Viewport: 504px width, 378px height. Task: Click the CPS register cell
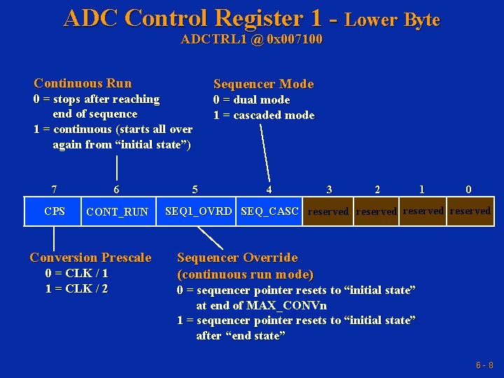55,211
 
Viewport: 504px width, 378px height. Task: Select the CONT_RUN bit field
117,211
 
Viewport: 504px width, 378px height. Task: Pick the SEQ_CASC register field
269,211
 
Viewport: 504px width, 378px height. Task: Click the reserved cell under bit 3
328,211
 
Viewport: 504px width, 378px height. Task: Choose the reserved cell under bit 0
470,211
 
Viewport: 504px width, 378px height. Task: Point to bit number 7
55,189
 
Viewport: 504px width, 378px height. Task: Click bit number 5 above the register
195,189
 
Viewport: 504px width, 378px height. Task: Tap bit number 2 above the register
377,189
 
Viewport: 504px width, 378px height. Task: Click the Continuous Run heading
83,83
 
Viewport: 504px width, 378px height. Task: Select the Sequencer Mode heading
263,84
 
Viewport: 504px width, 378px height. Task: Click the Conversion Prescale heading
90,258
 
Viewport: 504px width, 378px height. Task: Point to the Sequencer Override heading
237,258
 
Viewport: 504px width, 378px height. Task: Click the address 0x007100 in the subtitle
295,39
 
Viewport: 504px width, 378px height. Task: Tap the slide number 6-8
484,365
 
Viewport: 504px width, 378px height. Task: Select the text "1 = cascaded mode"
264,115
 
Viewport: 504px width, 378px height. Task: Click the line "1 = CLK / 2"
76,288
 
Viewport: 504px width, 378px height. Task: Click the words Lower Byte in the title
392,20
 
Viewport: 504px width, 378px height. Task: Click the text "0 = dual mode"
251,99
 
